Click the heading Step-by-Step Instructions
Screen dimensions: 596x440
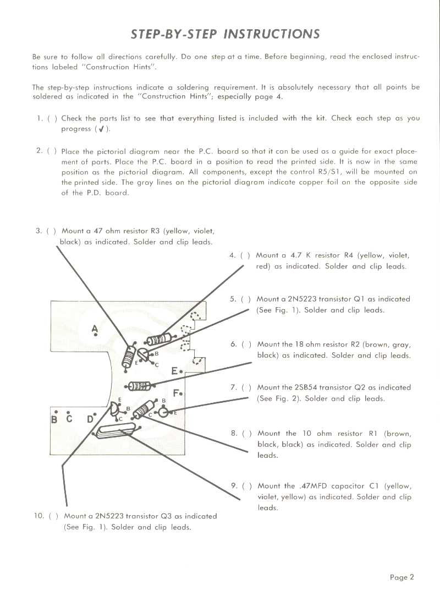225,34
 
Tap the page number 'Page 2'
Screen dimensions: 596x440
402,577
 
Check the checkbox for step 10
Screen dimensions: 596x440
53,516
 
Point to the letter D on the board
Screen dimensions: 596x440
90,419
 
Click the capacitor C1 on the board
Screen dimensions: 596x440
116,433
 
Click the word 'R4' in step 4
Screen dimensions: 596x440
349,255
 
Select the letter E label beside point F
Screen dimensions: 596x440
174,370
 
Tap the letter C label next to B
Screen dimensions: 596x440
69,419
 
